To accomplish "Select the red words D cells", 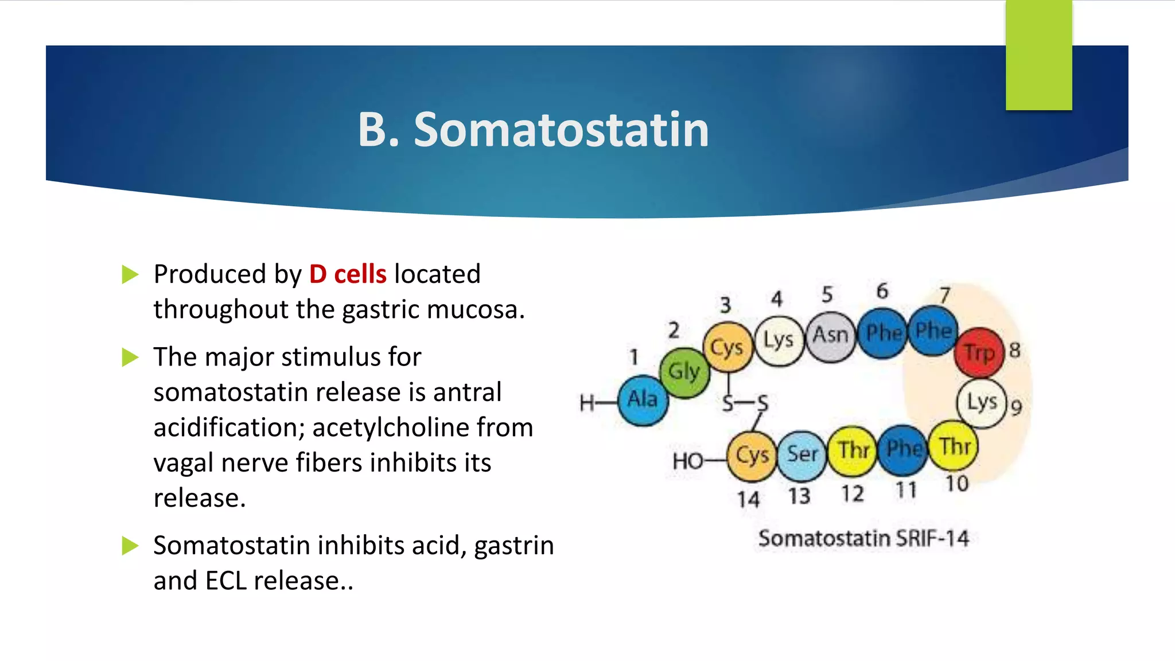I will (x=348, y=274).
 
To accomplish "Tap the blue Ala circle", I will (x=643, y=400).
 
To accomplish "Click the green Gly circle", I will (x=684, y=372).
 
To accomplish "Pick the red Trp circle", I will (x=979, y=352).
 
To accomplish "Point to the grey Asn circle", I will (x=830, y=336).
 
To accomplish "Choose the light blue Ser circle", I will (x=802, y=455).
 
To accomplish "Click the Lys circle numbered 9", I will (x=982, y=403).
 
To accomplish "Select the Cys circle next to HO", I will (x=752, y=456).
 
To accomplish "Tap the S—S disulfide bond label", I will (x=745, y=404).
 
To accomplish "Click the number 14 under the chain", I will (x=748, y=499).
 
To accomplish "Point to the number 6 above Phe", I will (x=882, y=291).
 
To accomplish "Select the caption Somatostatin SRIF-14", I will (x=863, y=539).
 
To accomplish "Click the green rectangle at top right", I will (x=1038, y=55).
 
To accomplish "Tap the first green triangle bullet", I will (x=130, y=275).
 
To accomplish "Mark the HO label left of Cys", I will (x=687, y=461).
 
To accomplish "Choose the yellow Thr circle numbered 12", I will (x=853, y=451).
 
